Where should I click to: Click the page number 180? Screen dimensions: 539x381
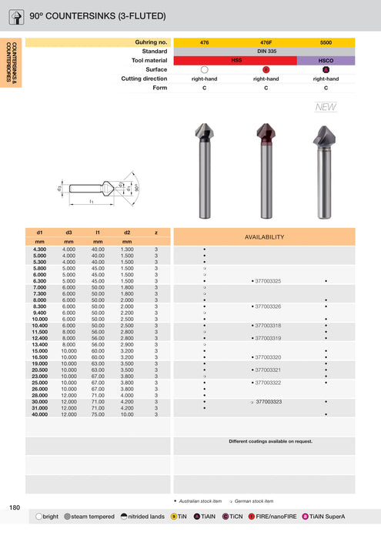[15, 507]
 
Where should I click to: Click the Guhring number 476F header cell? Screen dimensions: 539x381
[265, 42]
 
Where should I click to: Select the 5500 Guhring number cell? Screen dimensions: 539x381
[326, 42]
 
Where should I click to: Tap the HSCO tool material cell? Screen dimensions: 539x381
[326, 60]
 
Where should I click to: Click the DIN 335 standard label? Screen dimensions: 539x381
[265, 51]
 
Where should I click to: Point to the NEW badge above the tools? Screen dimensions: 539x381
[326, 107]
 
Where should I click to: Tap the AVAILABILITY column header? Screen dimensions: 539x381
[264, 237]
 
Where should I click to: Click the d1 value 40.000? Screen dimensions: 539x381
[38, 415]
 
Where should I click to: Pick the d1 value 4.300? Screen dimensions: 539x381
[38, 249]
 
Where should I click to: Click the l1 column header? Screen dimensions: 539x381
[98, 232]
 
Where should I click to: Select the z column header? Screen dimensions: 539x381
[156, 232]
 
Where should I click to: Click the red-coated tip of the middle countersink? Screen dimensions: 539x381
[265, 135]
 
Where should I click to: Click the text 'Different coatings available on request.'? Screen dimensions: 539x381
[270, 441]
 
